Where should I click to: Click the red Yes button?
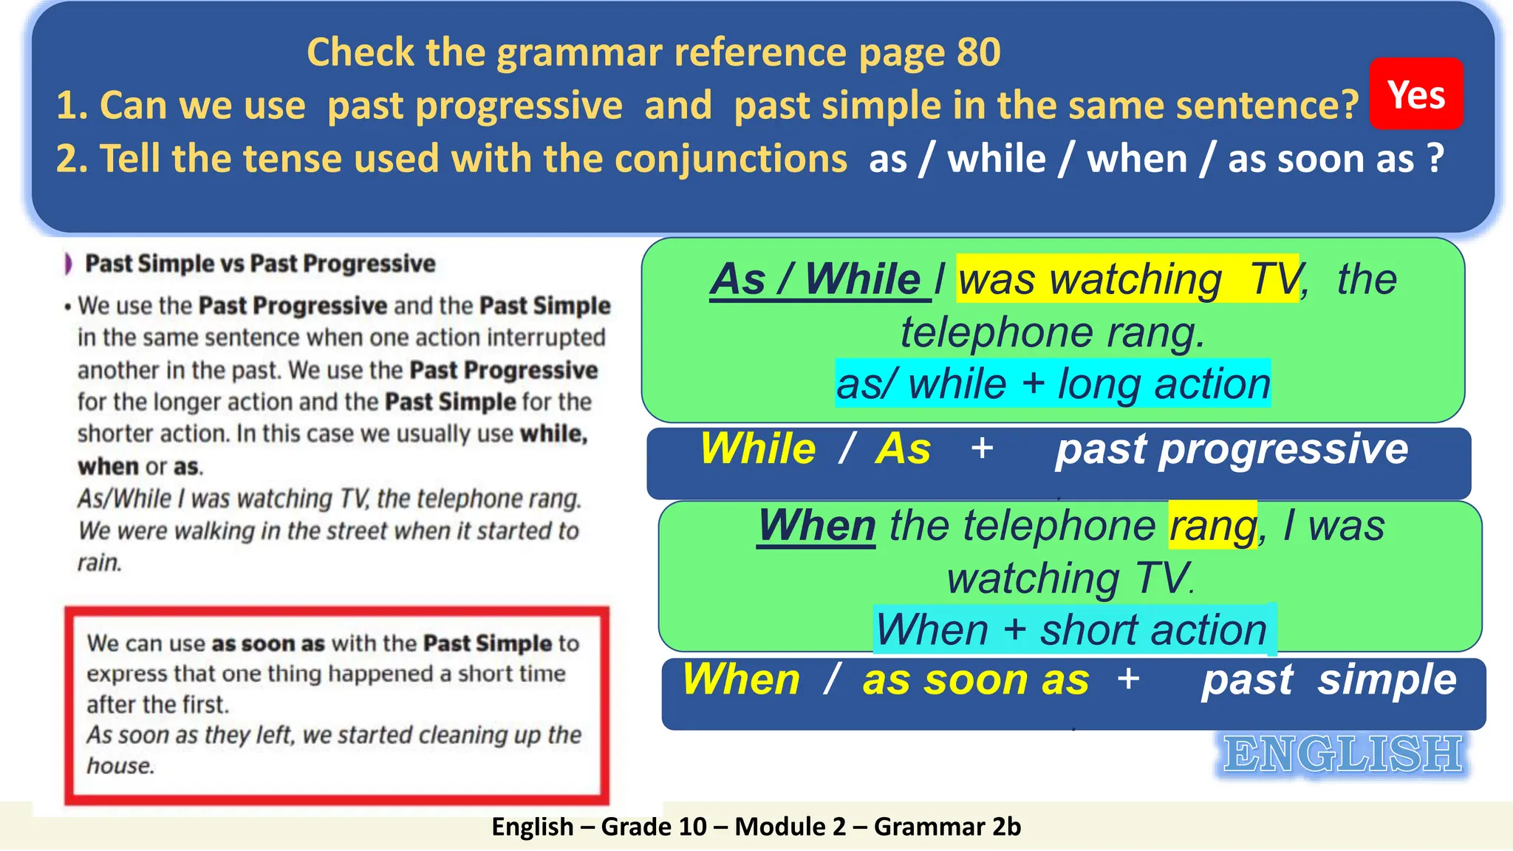[1415, 95]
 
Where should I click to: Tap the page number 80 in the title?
[978, 53]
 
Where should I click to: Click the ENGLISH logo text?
[1342, 755]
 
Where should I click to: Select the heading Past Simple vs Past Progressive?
[260, 264]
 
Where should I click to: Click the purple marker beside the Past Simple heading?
[69, 264]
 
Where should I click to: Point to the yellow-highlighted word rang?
[1212, 526]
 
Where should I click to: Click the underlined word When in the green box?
[816, 526]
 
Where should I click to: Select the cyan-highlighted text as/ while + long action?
[1053, 384]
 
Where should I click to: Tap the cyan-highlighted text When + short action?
[1073, 630]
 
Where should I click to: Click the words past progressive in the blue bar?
[1232, 449]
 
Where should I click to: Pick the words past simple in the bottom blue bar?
[1328, 680]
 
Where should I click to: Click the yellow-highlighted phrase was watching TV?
[1127, 280]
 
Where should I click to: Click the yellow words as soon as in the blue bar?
[975, 680]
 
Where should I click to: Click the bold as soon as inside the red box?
[267, 643]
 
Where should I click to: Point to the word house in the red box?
[120, 766]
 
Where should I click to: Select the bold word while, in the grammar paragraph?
[553, 434]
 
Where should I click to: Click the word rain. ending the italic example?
[99, 563]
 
